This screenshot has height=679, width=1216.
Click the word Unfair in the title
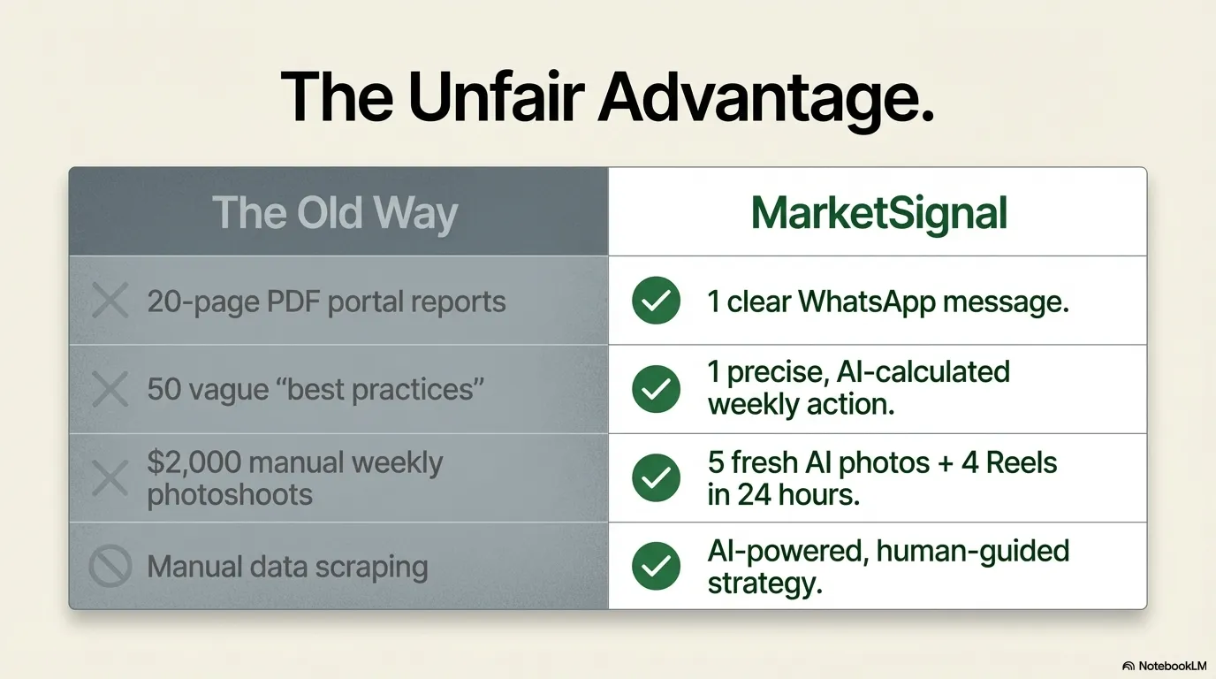496,98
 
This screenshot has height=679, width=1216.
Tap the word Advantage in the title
765,101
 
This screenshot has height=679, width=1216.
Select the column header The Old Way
335,213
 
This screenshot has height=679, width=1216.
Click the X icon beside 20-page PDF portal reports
110,300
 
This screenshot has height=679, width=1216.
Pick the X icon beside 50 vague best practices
110,389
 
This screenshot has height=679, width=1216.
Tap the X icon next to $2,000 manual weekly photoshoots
110,478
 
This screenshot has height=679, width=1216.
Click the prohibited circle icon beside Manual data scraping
110,567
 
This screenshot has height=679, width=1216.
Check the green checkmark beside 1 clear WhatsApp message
656,301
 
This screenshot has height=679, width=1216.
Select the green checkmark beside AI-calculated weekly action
656,389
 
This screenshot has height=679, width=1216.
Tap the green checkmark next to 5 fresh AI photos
656,477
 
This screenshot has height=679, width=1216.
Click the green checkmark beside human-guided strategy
656,566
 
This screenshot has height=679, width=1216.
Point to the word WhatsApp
867,302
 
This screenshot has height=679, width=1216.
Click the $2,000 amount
194,462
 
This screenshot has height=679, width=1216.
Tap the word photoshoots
230,495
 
